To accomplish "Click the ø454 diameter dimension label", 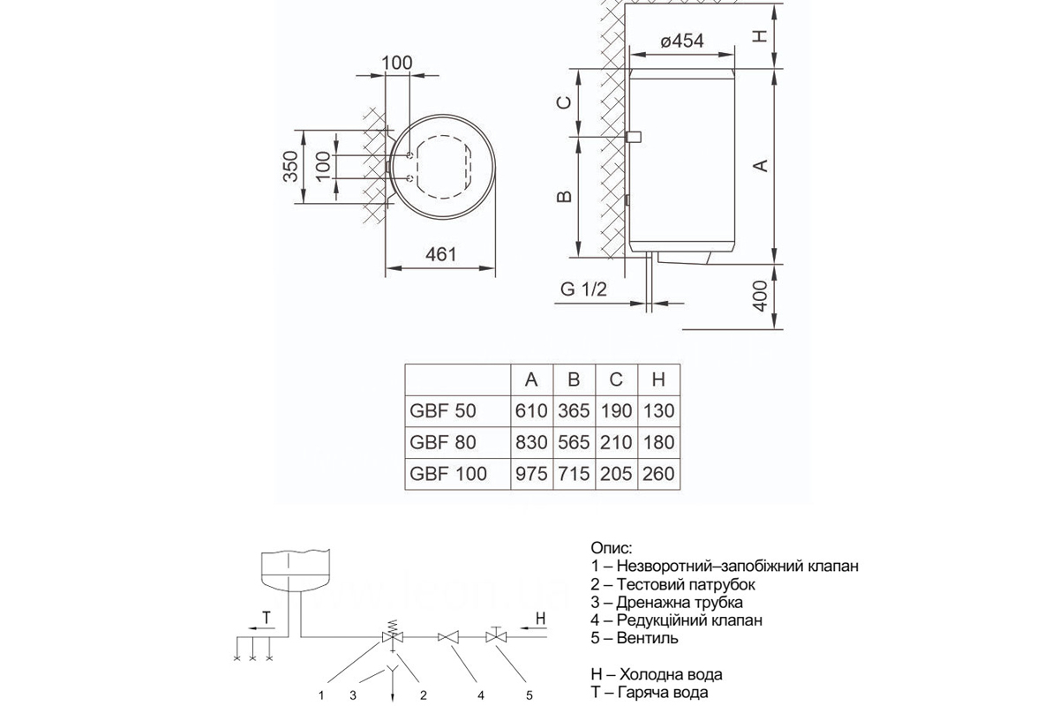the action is coord(681,41).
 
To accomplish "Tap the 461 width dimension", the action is coord(440,255).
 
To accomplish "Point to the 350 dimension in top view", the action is coord(290,166).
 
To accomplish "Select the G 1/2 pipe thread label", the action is coord(583,289).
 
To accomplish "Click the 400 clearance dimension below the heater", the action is coord(760,296).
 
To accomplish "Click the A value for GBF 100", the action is coord(531,474).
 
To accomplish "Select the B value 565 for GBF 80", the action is coord(574,443).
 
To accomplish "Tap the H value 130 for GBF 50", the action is coord(658,411).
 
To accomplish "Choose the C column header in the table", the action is coord(616,379).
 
